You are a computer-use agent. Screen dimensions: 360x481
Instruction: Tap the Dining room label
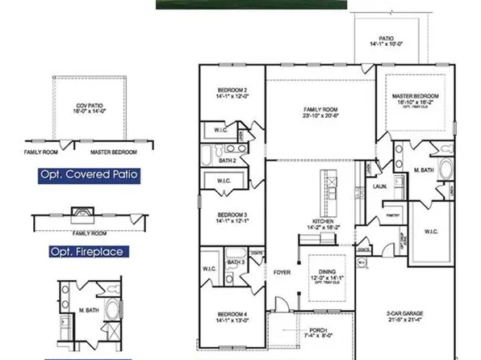pos(329,274)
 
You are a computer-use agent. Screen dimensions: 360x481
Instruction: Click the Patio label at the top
pos(386,38)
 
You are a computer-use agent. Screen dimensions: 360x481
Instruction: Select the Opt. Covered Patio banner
pos(88,174)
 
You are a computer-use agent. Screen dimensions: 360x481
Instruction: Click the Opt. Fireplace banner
pos(85,252)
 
